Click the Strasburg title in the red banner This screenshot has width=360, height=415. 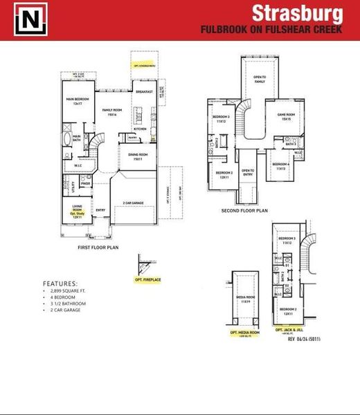point(296,13)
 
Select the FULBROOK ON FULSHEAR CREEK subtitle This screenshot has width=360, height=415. point(271,30)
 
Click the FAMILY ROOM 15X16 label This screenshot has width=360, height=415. point(112,112)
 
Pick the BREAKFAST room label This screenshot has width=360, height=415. point(144,92)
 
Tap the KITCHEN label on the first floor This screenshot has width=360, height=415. point(140,129)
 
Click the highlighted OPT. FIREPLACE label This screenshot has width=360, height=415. point(148,280)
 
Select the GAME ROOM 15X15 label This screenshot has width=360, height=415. point(287,117)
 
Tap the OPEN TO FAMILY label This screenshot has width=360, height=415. point(260,79)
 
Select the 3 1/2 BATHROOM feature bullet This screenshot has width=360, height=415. point(69,304)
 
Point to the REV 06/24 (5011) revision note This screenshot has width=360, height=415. point(305,339)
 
